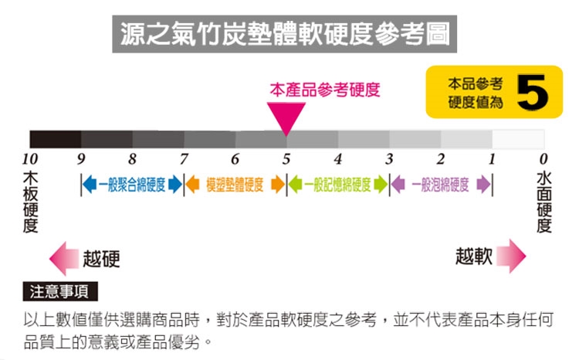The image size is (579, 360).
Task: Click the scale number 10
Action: (30, 160)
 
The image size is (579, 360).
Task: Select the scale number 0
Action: (543, 160)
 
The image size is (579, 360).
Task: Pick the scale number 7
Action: (184, 160)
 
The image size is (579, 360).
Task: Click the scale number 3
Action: (389, 160)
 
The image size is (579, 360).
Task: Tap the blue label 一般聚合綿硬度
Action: (131, 185)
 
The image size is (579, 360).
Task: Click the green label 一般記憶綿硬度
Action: (337, 185)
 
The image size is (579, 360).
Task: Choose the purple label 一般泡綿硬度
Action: (441, 185)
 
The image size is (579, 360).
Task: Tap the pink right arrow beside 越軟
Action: (510, 256)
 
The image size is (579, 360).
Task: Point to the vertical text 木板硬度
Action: (30, 202)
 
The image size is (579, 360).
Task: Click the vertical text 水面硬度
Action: (543, 202)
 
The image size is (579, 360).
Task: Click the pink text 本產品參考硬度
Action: (325, 90)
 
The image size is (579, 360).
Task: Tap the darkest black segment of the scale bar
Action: (56, 140)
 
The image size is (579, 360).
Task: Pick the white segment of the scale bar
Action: (518, 140)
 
